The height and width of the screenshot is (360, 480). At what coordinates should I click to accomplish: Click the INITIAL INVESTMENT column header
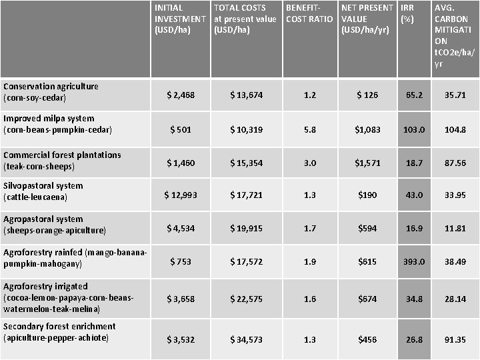[x=179, y=19]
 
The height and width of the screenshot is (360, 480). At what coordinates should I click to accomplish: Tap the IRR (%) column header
[x=408, y=13]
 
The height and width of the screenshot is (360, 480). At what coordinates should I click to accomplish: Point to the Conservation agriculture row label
[x=51, y=92]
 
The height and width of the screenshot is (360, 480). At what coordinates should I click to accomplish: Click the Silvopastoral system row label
[x=43, y=191]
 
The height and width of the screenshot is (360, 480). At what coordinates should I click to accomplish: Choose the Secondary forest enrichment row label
[x=59, y=332]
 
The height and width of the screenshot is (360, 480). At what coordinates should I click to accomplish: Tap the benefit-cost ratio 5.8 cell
[x=309, y=129]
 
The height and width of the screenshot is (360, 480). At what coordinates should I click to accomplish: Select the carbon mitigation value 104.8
[x=455, y=129]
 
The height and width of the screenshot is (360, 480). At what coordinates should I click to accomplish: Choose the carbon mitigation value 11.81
[x=455, y=229]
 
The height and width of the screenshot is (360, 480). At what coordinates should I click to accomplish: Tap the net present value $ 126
[x=367, y=95]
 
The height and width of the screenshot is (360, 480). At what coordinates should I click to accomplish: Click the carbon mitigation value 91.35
[x=455, y=340]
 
